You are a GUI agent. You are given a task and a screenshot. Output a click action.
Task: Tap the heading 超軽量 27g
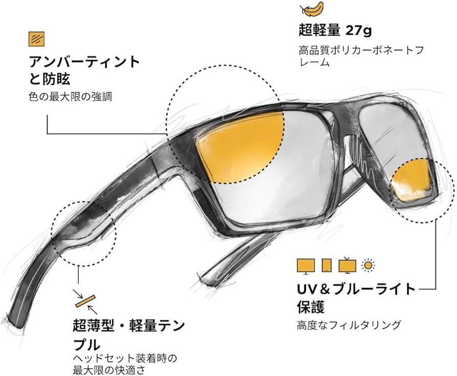coord(335,30)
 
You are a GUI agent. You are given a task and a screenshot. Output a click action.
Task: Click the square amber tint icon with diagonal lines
coord(36,39)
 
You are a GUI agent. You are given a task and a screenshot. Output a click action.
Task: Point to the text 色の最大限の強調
coord(70,96)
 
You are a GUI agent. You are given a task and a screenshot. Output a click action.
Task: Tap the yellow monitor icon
coord(306,265)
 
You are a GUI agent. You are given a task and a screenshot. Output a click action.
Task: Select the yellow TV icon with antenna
coord(348,265)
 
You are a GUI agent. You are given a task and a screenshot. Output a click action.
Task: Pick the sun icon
coord(368,265)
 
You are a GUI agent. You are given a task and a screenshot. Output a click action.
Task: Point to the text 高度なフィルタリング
coord(349,325)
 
